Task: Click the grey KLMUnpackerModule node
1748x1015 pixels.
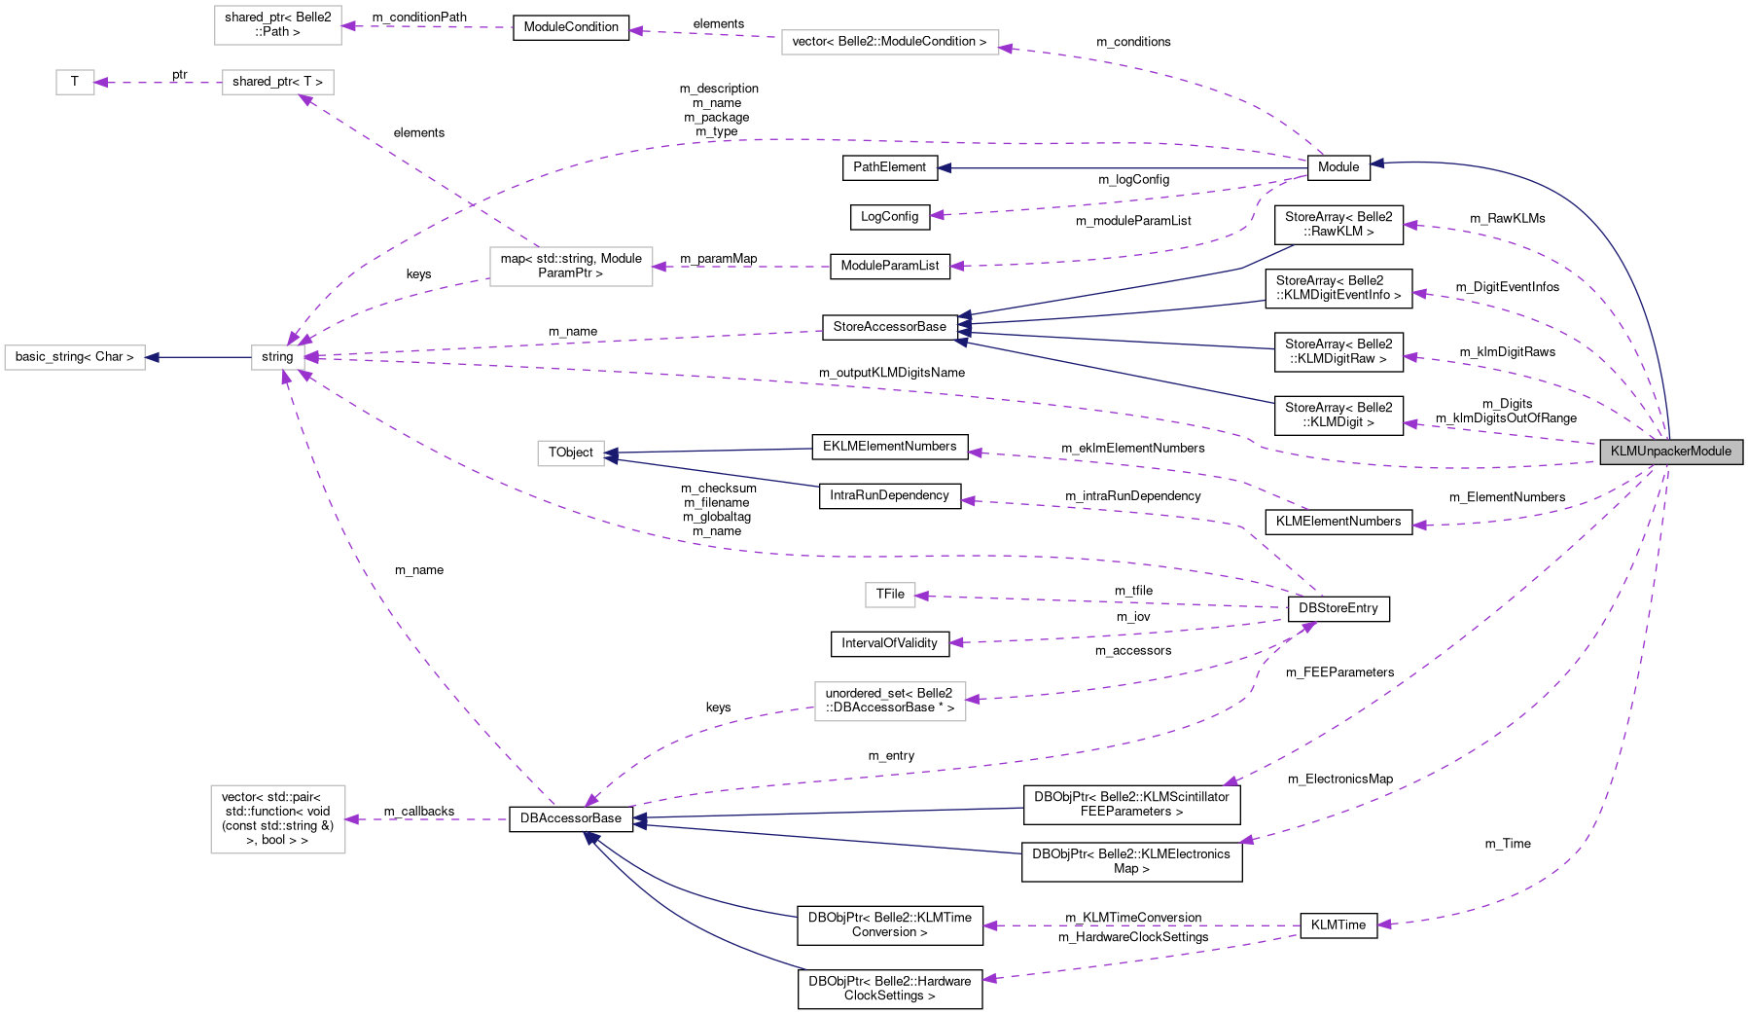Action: click(x=1671, y=452)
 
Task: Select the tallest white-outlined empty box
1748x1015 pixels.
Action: click(x=278, y=819)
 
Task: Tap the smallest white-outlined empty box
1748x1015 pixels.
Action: click(x=75, y=83)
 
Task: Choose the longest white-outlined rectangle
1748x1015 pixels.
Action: click(x=890, y=43)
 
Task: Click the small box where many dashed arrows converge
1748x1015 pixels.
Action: click(x=278, y=358)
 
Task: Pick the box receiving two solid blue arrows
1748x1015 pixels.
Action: click(x=571, y=453)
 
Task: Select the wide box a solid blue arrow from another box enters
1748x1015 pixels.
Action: click(x=75, y=358)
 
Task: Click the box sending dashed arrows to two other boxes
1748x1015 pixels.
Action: click(x=571, y=267)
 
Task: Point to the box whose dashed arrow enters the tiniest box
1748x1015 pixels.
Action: click(x=278, y=83)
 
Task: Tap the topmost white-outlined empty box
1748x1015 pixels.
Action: click(x=278, y=25)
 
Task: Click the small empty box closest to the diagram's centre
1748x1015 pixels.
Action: click(x=890, y=595)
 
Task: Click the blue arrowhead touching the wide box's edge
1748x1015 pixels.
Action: click(x=152, y=358)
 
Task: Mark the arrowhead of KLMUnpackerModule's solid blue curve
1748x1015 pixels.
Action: click(x=1376, y=163)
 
